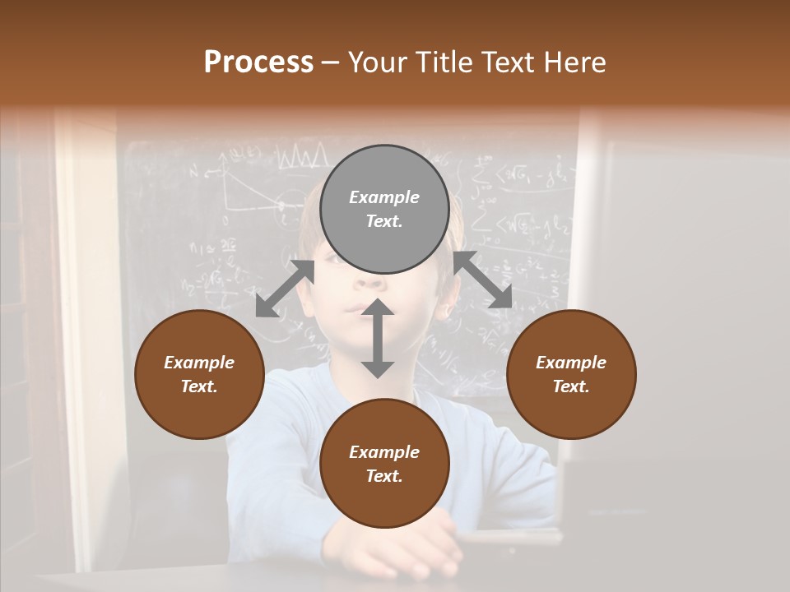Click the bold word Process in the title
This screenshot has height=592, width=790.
258,62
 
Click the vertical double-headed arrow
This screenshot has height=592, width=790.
378,338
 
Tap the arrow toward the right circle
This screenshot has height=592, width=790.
483,280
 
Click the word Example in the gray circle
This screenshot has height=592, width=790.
384,197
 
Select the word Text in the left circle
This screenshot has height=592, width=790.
199,386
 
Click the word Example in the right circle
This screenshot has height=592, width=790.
571,363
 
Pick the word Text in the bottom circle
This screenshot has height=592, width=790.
384,476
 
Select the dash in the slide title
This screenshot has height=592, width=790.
331,63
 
